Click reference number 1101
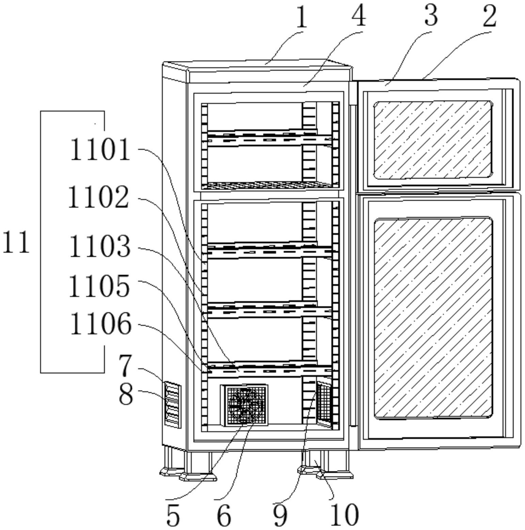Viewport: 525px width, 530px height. coord(100,150)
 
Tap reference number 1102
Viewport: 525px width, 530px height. coord(99,197)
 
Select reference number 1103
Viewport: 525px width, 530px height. coord(100,246)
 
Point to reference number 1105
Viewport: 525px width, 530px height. coord(99,286)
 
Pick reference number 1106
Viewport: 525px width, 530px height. coord(101,324)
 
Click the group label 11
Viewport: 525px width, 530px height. coord(16,242)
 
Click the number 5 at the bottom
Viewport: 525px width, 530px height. coord(173,515)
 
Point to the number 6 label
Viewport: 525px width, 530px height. coord(224,515)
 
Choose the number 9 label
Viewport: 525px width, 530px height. coord(280,515)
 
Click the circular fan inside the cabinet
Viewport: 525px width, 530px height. coord(244,405)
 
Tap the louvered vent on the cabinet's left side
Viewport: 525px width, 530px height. coord(173,405)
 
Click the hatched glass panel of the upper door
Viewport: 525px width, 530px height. coord(433,140)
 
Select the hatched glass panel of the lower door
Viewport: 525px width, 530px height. coord(433,318)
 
